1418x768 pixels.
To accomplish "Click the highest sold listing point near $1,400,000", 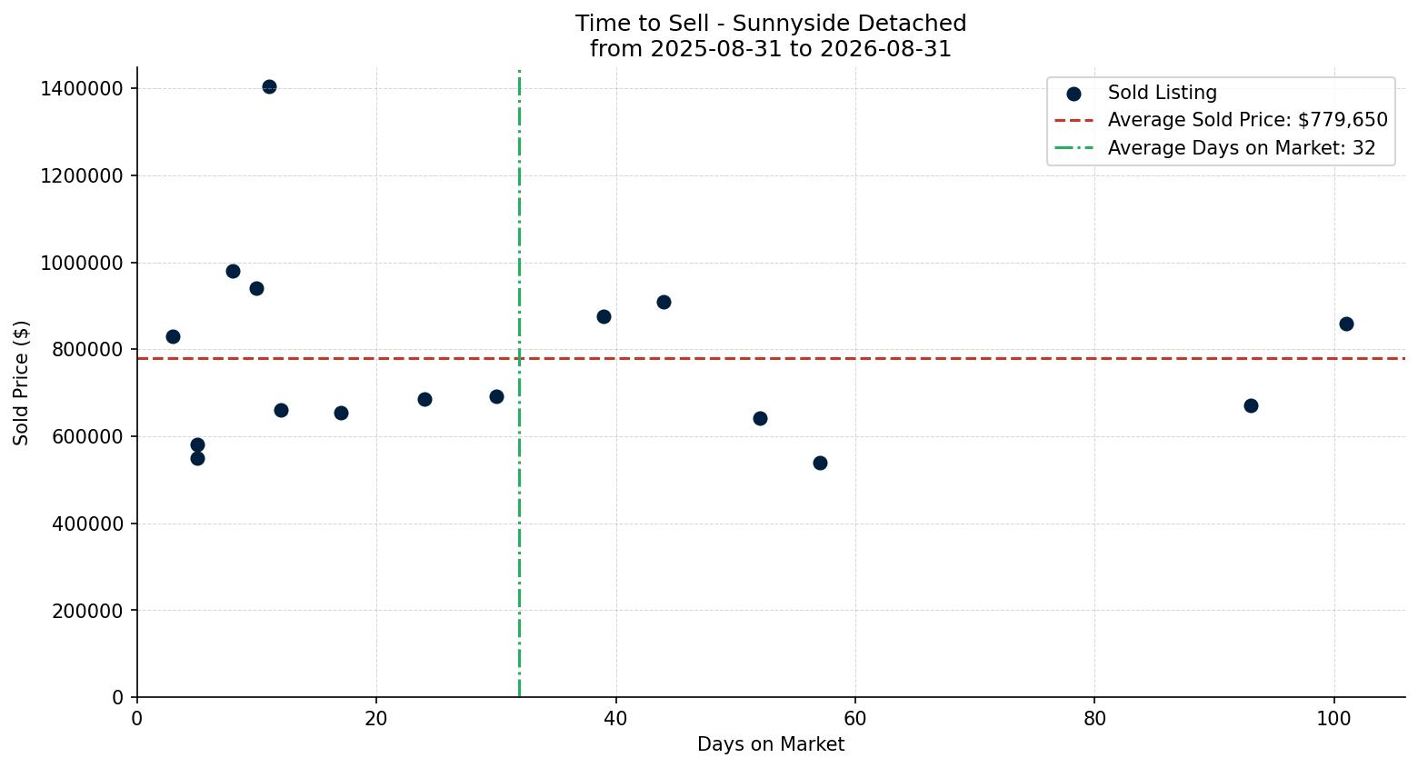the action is coord(269,86).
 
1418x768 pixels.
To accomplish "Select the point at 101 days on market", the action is coord(1346,324).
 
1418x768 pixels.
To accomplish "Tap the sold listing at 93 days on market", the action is coord(1251,406).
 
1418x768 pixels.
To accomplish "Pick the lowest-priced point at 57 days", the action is coord(820,463).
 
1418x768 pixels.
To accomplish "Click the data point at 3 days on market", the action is coord(173,337).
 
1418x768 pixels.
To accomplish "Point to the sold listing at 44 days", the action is coord(664,302).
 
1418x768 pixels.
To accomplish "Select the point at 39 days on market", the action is coord(604,316).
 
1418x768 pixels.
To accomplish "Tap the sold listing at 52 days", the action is coord(760,418).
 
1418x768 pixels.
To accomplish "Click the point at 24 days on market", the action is coord(424,400).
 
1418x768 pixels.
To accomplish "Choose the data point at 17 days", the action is coord(341,414).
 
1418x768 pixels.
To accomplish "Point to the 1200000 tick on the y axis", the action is coord(82,175).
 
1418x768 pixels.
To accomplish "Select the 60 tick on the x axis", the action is coord(855,719).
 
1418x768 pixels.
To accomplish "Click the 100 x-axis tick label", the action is coord(1334,719).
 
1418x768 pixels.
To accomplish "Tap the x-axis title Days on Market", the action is coord(771,744).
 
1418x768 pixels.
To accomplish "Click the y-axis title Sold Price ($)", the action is coord(21,383).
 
